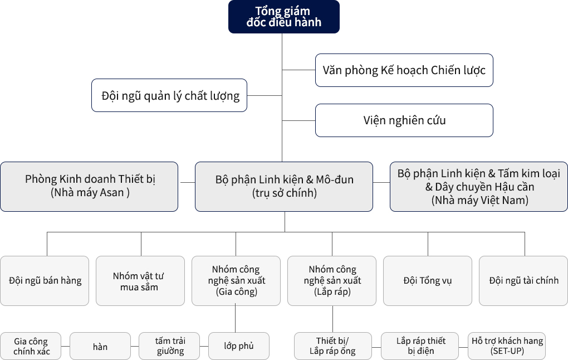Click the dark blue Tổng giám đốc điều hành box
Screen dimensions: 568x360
(x=283, y=17)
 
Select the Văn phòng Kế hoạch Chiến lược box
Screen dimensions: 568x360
(x=404, y=70)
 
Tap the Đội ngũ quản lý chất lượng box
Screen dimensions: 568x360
(x=169, y=95)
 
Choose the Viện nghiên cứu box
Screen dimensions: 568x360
(x=404, y=120)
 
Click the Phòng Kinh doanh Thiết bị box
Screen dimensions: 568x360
(x=89, y=187)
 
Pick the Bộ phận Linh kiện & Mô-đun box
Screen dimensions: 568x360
(x=284, y=187)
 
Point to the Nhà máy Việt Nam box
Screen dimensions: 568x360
(x=479, y=187)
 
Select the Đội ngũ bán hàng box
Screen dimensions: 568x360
(x=45, y=281)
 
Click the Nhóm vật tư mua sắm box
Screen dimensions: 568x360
(x=140, y=281)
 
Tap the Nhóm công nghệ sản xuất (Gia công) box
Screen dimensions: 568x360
(x=236, y=281)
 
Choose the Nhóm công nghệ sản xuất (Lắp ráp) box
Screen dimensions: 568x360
(x=332, y=281)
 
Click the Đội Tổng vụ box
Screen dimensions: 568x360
(x=428, y=281)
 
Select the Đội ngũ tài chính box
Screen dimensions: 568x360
(x=523, y=281)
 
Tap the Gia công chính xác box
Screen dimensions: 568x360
(x=31, y=346)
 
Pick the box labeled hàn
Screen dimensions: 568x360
(x=100, y=346)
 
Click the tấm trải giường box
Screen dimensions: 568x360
(x=169, y=346)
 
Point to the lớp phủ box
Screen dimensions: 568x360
(x=239, y=346)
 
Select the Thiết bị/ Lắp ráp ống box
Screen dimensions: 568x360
(x=333, y=346)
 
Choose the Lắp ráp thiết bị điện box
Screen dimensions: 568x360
(x=420, y=346)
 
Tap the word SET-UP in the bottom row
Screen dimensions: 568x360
(x=507, y=351)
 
